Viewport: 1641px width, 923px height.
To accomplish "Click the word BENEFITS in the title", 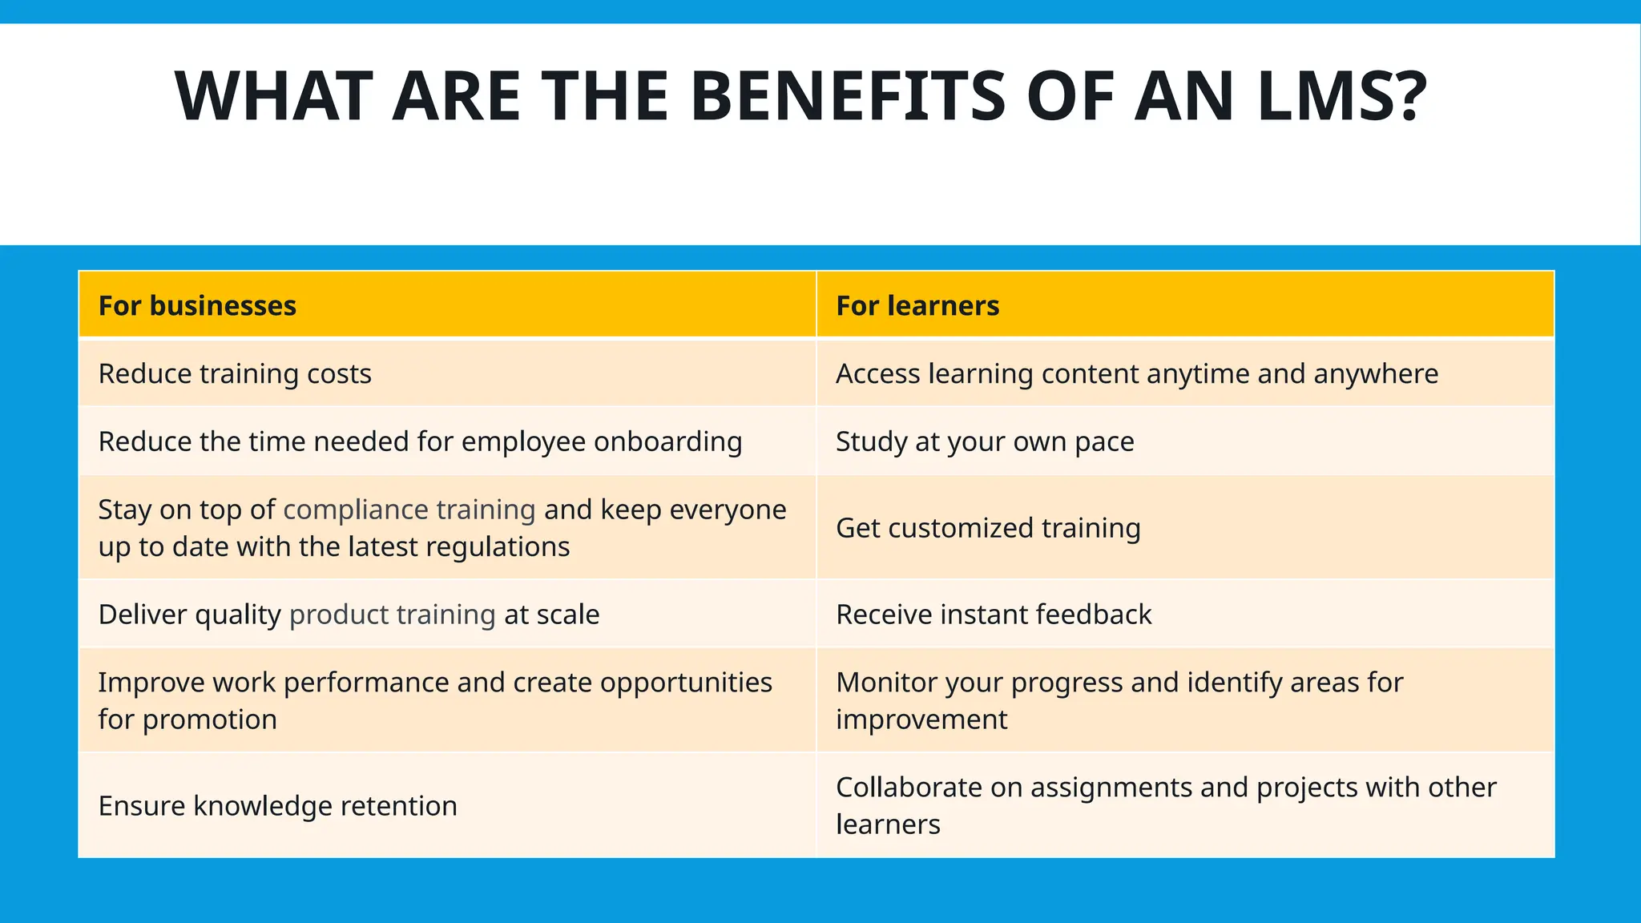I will [x=847, y=97].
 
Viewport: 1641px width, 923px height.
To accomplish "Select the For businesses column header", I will [x=197, y=305].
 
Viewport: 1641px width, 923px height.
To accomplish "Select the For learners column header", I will [x=917, y=305].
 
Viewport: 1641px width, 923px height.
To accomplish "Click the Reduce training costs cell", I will [x=235, y=374].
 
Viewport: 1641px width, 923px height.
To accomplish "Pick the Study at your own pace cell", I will [x=985, y=441].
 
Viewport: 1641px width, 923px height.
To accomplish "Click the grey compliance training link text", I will [x=409, y=510].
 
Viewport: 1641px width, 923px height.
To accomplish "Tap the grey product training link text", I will [x=392, y=615].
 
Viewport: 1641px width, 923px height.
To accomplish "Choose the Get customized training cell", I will [x=988, y=528].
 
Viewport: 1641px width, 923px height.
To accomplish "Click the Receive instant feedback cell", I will [x=994, y=615].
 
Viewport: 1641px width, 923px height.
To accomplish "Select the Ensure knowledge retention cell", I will [x=277, y=806].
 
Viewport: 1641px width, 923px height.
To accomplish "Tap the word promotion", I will [x=210, y=719].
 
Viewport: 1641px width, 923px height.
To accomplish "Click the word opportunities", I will [x=686, y=683].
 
